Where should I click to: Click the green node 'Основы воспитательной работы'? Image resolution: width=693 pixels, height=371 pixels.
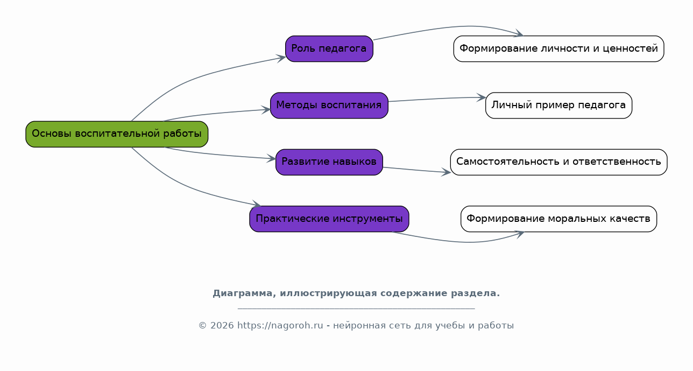(117, 134)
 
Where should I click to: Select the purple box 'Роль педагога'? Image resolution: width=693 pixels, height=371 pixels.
(329, 48)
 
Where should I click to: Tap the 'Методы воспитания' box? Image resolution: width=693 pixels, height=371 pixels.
(329, 106)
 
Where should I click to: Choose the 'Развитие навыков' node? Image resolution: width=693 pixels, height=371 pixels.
(329, 162)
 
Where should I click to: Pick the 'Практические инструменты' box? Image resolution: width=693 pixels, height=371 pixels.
(329, 219)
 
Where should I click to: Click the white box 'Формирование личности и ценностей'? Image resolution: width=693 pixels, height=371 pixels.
(558, 48)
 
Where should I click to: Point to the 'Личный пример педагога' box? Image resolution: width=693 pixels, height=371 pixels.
(558, 106)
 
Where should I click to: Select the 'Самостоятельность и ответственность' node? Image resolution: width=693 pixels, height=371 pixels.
(558, 162)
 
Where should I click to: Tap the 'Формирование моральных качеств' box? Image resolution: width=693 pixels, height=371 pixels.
(558, 219)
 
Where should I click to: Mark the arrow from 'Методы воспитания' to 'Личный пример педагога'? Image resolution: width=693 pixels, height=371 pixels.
(437, 99)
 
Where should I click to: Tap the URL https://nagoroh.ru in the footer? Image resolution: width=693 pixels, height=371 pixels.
(280, 325)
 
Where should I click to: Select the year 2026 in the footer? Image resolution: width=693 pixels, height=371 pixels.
(222, 326)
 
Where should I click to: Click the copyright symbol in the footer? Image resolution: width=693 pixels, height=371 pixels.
(203, 326)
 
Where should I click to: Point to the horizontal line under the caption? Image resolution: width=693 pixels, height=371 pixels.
(356, 309)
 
